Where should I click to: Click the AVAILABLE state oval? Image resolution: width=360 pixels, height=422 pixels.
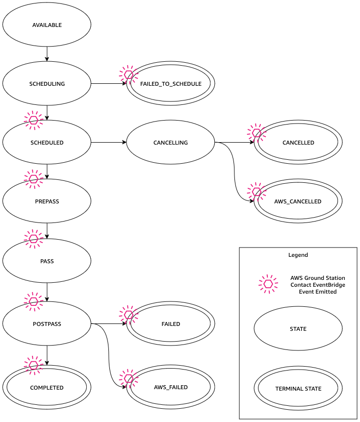point(47,25)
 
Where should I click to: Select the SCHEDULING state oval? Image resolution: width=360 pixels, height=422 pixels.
point(47,84)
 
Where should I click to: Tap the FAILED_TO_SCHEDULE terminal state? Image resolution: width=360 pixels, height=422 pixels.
point(171,84)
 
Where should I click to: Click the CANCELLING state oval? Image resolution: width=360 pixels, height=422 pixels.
point(171,143)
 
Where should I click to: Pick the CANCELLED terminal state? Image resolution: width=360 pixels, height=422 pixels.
point(298,143)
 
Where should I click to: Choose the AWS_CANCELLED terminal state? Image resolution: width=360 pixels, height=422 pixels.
point(298,201)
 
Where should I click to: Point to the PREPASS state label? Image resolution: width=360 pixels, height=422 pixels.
point(47,201)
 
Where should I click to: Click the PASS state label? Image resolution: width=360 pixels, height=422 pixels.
point(47,261)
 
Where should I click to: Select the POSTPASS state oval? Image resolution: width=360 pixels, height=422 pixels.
point(47,324)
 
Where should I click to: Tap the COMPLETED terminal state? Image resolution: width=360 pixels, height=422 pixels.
point(47,388)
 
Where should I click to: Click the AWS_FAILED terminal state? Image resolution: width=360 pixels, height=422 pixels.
point(171,387)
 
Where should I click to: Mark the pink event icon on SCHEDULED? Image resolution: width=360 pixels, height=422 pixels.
point(33,120)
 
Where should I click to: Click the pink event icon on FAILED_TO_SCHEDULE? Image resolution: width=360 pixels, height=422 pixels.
point(129,74)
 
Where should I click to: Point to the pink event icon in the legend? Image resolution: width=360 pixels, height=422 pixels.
point(268,284)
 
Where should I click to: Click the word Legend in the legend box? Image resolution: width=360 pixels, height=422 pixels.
point(298,255)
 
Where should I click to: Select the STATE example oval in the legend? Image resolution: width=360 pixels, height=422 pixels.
point(298,329)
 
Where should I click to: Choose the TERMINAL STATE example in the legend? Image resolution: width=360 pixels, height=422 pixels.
point(298,389)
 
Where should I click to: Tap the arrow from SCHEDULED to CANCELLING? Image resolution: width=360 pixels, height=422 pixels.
point(108,143)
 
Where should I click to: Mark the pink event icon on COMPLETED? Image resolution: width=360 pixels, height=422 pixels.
point(33,365)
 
